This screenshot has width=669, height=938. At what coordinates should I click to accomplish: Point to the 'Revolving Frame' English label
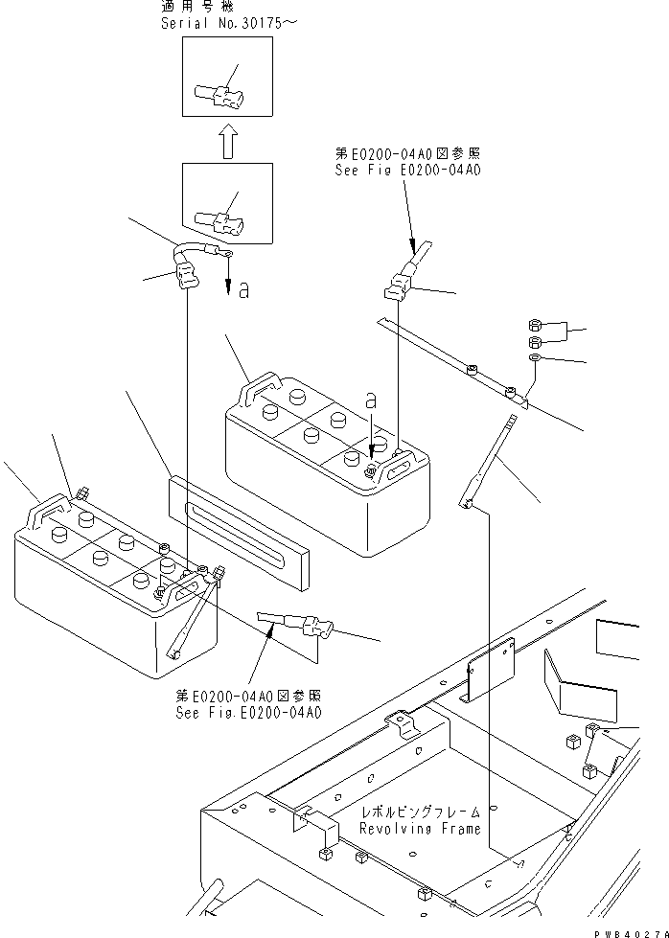(419, 829)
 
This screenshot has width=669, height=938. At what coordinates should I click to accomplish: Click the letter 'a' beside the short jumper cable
(244, 289)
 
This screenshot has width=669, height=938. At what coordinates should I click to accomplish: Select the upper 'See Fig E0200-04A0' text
(407, 169)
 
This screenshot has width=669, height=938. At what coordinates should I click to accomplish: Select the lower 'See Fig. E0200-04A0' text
(248, 713)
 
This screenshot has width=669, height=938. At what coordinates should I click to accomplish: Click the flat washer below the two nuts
(535, 358)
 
